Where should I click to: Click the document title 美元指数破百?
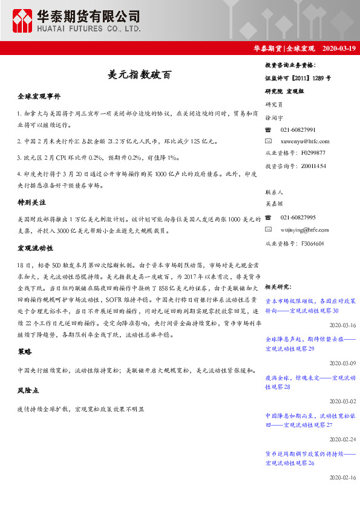(x=139, y=74)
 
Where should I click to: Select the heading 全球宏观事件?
(x=39, y=97)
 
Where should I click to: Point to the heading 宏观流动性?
(x=36, y=248)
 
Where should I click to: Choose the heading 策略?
(x=25, y=351)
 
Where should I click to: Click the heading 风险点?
(x=28, y=391)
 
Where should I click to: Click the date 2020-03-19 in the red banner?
(x=339, y=48)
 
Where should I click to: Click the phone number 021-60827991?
(x=298, y=130)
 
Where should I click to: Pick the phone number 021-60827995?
(x=298, y=218)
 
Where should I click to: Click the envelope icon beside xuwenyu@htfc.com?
(x=269, y=141)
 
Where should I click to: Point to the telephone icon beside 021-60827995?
(x=269, y=218)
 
